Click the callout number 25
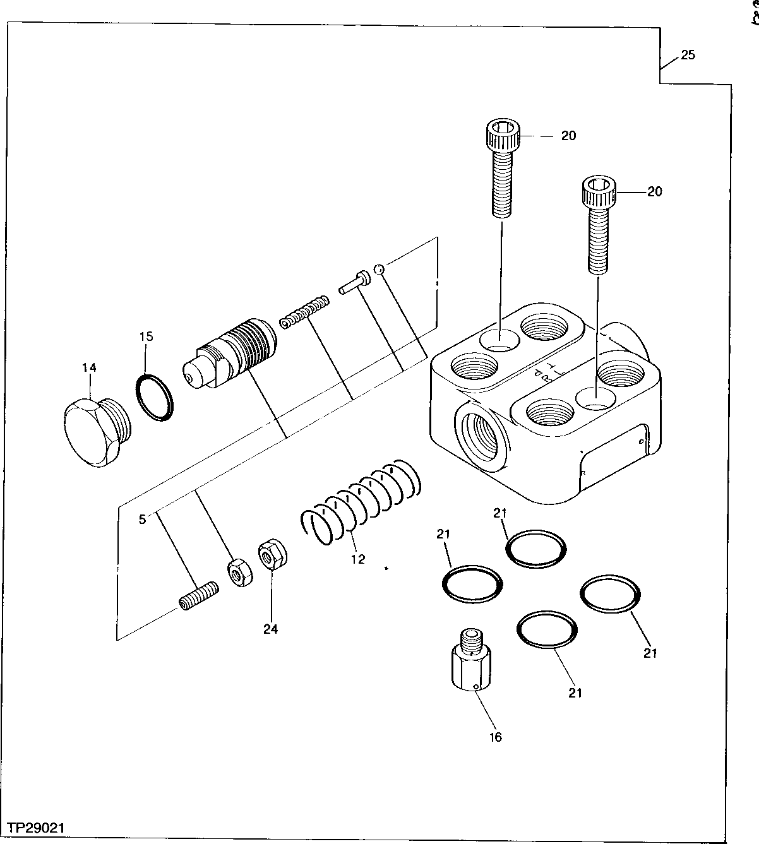(688, 55)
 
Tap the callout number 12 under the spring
(358, 559)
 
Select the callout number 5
(143, 520)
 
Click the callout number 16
(496, 737)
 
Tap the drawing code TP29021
(37, 827)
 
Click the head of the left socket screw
(503, 134)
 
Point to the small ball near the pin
(378, 270)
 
